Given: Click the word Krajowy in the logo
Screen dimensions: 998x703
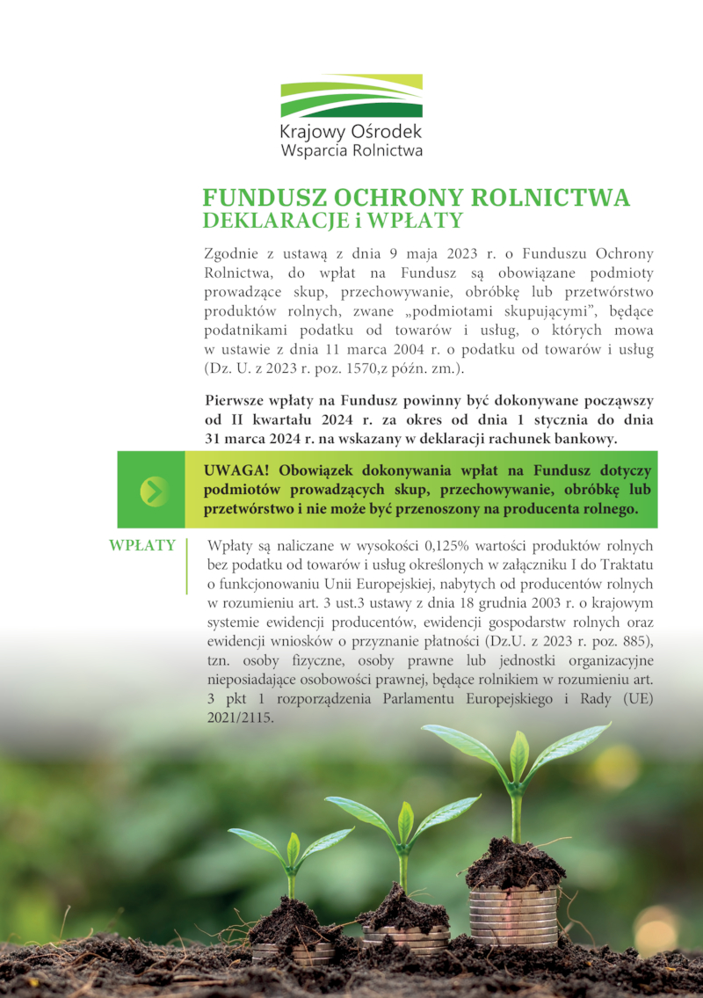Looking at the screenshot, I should [308, 132].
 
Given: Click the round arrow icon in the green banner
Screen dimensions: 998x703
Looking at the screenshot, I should [153, 490].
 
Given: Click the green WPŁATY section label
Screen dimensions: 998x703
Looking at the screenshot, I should [142, 545].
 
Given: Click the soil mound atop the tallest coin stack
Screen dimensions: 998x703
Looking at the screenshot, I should [514, 866].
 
